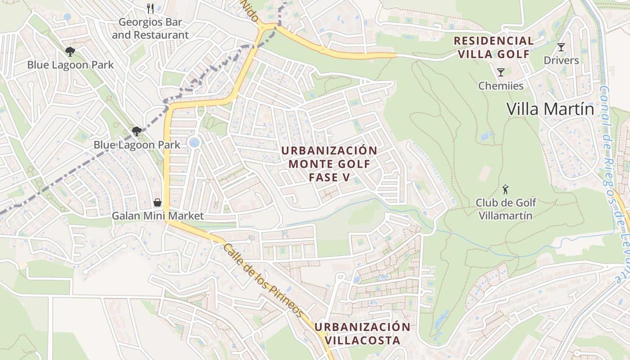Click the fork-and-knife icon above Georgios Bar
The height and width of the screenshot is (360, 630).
coord(151,9)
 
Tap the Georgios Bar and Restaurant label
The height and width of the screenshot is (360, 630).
coord(150,28)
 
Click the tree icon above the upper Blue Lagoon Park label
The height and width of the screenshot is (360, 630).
coord(70,52)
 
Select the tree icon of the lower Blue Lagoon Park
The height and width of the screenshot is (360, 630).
coord(137,131)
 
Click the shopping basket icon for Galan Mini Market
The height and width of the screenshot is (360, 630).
coord(157,202)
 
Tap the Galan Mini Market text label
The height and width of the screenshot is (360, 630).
coord(157,216)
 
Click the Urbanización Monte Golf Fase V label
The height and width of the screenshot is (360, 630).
coord(329,164)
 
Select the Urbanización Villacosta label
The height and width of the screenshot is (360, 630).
coord(362,333)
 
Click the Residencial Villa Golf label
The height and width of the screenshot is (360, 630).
coord(494,47)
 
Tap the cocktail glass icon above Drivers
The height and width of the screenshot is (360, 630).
coord(561,47)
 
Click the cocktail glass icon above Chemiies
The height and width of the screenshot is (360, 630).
coord(500,72)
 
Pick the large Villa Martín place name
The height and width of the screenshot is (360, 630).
coord(550,109)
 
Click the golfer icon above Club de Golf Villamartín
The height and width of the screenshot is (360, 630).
coord(505,189)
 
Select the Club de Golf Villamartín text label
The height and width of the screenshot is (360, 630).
coord(505,209)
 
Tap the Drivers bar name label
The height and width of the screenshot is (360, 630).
coord(561,60)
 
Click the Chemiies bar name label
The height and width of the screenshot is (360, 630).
coord(501,85)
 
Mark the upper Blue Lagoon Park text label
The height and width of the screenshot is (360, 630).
coord(70,65)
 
